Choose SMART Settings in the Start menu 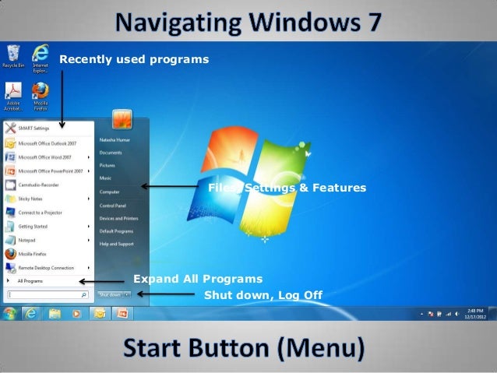click(x=31, y=128)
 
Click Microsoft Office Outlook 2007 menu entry click(x=46, y=143)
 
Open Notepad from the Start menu click(x=26, y=240)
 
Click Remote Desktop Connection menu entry click(x=44, y=267)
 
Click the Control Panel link click(x=113, y=206)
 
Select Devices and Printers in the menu click(x=118, y=218)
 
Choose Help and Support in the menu click(x=117, y=244)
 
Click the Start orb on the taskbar click(x=9, y=314)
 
